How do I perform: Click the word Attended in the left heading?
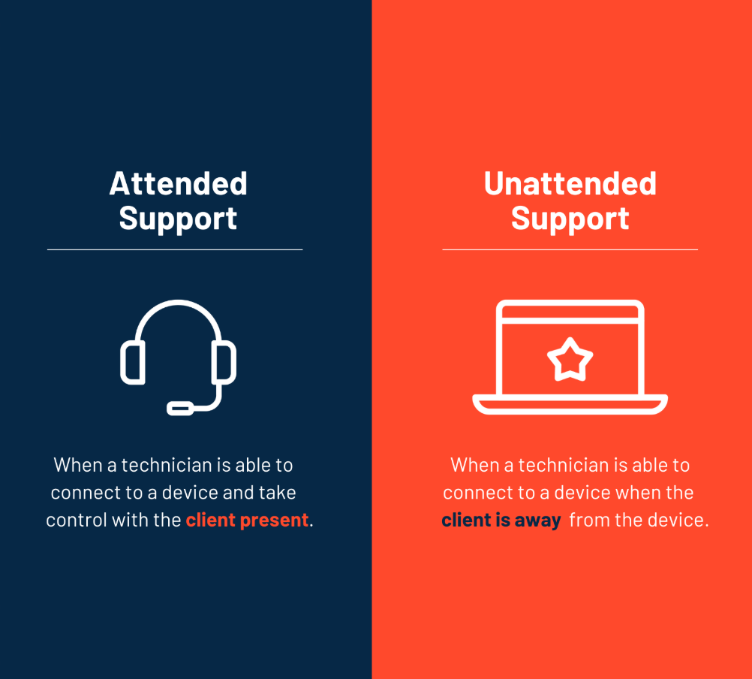pyautogui.click(x=178, y=184)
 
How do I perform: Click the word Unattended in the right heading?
pyautogui.click(x=570, y=184)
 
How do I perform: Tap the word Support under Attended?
pyautogui.click(x=178, y=219)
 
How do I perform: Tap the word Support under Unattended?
pyautogui.click(x=570, y=219)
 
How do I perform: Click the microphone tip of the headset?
pyautogui.click(x=180, y=408)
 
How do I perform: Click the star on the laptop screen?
pyautogui.click(x=570, y=360)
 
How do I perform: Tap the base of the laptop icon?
pyautogui.click(x=570, y=405)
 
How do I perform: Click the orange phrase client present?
pyautogui.click(x=248, y=520)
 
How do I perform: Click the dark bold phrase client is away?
pyautogui.click(x=501, y=520)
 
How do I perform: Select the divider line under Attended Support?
pyautogui.click(x=175, y=249)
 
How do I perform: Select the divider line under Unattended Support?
pyautogui.click(x=570, y=249)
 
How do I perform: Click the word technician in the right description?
pyautogui.click(x=564, y=465)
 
